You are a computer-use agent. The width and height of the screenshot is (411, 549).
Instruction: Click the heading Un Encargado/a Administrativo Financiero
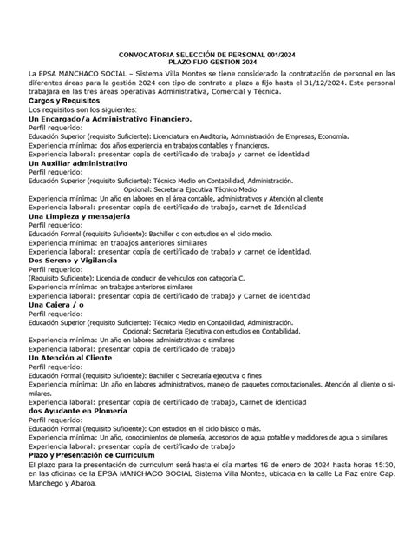click(108, 118)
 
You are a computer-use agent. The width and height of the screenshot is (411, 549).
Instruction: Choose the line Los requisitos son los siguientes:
click(82, 110)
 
